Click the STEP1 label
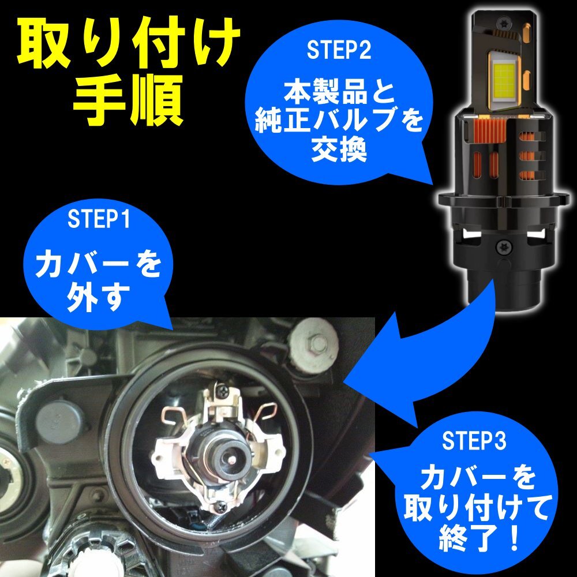[99, 219]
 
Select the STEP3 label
[474, 440]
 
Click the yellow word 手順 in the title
[129, 100]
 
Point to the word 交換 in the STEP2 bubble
[339, 150]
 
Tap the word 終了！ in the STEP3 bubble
[478, 538]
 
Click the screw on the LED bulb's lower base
[503, 248]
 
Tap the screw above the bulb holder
[223, 392]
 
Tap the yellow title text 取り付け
[129, 42]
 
